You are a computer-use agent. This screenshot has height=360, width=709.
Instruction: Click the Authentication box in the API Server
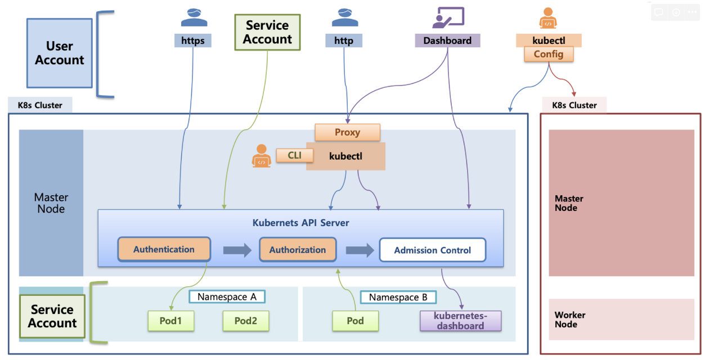pos(164,249)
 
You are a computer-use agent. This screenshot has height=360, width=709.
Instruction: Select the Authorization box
pos(298,250)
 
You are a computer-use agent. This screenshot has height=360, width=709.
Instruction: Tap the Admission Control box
pos(432,250)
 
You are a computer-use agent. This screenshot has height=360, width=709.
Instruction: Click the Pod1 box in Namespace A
pos(170,321)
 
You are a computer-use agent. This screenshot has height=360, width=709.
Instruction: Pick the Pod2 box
pos(245,321)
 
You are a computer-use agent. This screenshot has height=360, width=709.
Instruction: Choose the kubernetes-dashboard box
pos(460,321)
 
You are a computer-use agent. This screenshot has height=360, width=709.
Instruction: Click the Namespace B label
pos(398,297)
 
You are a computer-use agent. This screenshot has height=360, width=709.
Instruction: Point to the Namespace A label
pos(227,296)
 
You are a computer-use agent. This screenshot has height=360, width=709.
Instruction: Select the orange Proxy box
pos(347,132)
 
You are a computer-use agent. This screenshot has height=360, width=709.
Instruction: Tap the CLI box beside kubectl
pos(294,155)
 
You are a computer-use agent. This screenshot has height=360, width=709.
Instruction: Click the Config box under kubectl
pos(548,54)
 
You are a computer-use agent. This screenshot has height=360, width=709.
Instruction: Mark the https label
pos(193,40)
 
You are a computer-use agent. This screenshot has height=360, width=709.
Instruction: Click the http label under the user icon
pos(343,40)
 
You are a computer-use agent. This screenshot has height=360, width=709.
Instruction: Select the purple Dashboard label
pos(447,40)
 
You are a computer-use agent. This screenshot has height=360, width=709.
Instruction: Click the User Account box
pos(60,53)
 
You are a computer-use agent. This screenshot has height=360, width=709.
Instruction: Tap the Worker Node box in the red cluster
pos(621,319)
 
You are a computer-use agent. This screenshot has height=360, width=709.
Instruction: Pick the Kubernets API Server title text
pos(300,223)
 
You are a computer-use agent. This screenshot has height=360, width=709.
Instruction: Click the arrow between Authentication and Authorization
pos(237,250)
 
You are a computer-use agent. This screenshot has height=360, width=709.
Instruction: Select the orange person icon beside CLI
pos(261,156)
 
